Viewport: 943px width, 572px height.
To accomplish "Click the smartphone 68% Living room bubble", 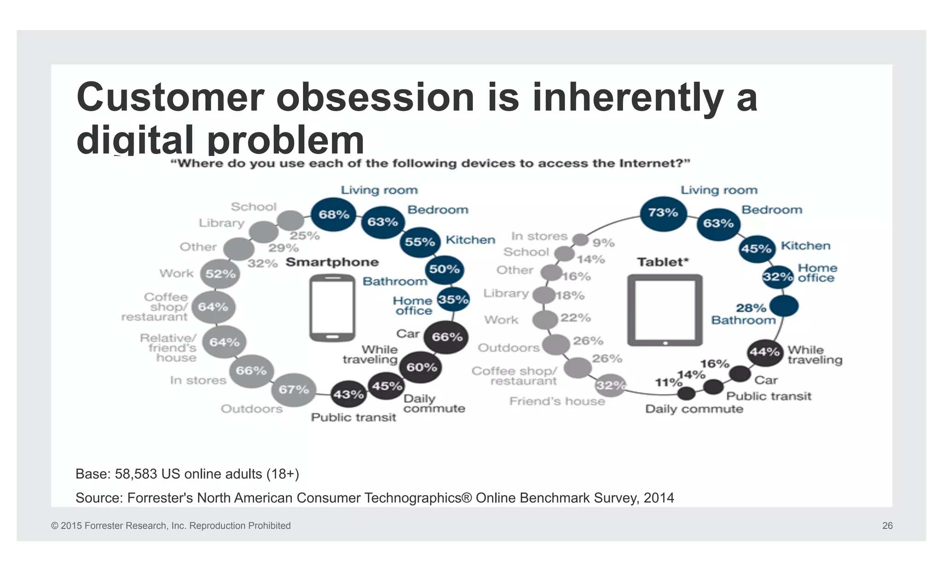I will [x=334, y=214].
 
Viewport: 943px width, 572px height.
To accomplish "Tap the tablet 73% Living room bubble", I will [x=663, y=213].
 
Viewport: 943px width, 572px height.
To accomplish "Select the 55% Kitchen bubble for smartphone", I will [x=419, y=242].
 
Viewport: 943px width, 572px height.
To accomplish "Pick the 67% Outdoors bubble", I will [x=294, y=390].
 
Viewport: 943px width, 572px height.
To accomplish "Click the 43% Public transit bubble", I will [x=349, y=394].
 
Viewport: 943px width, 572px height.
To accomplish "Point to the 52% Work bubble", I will [x=220, y=274].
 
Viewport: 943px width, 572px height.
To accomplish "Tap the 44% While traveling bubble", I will [x=765, y=352].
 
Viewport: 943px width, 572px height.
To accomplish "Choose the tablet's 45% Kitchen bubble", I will [x=756, y=249].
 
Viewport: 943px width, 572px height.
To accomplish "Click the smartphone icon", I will [x=332, y=308].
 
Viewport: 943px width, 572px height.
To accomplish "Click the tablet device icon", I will [x=664, y=310].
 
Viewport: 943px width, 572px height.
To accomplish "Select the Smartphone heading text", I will [x=332, y=262].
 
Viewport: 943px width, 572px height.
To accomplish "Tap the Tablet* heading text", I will [x=663, y=262].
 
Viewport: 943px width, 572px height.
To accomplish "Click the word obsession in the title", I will [x=375, y=98].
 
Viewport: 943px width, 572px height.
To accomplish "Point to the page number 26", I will [x=887, y=526].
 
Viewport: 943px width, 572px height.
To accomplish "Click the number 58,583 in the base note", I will [x=136, y=474].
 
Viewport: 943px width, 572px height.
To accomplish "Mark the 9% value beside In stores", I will [x=603, y=243].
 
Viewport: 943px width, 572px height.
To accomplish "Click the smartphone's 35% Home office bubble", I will [x=453, y=300].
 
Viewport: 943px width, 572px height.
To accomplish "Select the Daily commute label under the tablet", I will [x=694, y=409].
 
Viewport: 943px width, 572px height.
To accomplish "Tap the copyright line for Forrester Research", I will [x=171, y=526].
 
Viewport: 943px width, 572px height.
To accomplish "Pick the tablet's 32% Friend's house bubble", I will [x=611, y=385].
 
